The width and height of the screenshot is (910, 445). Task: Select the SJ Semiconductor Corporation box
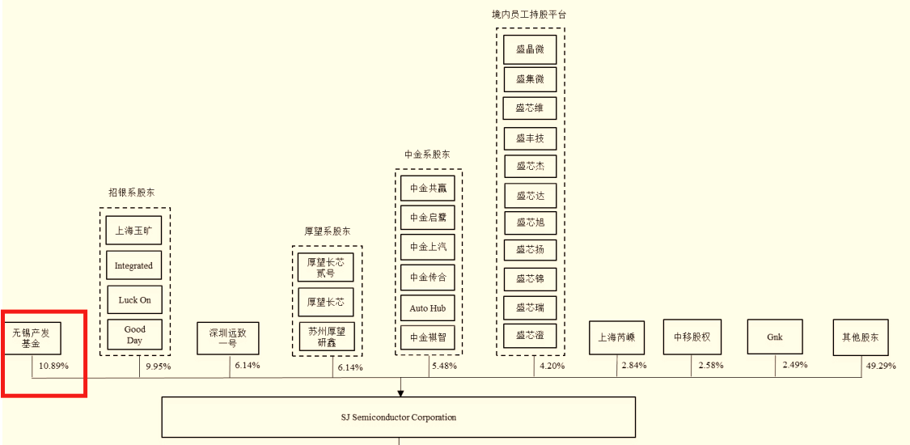click(399, 417)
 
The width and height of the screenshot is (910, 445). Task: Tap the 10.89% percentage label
click(54, 367)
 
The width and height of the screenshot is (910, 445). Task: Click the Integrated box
click(133, 265)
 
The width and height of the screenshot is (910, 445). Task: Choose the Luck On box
click(134, 299)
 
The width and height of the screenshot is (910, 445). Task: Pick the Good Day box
click(134, 334)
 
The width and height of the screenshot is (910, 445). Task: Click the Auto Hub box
click(428, 307)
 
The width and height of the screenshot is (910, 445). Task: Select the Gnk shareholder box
click(775, 337)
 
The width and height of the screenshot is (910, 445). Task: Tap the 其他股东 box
click(861, 337)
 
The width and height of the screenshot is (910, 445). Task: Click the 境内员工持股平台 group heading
click(529, 15)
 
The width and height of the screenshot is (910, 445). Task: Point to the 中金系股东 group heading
click(428, 154)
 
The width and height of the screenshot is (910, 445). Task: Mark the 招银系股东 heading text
click(132, 193)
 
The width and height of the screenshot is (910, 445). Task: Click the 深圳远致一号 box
click(228, 337)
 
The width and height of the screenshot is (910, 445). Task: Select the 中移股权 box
click(692, 337)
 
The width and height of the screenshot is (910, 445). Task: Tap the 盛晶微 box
click(530, 49)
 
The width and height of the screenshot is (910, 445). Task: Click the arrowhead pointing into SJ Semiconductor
click(400, 392)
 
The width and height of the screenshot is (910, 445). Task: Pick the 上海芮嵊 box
click(616, 337)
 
